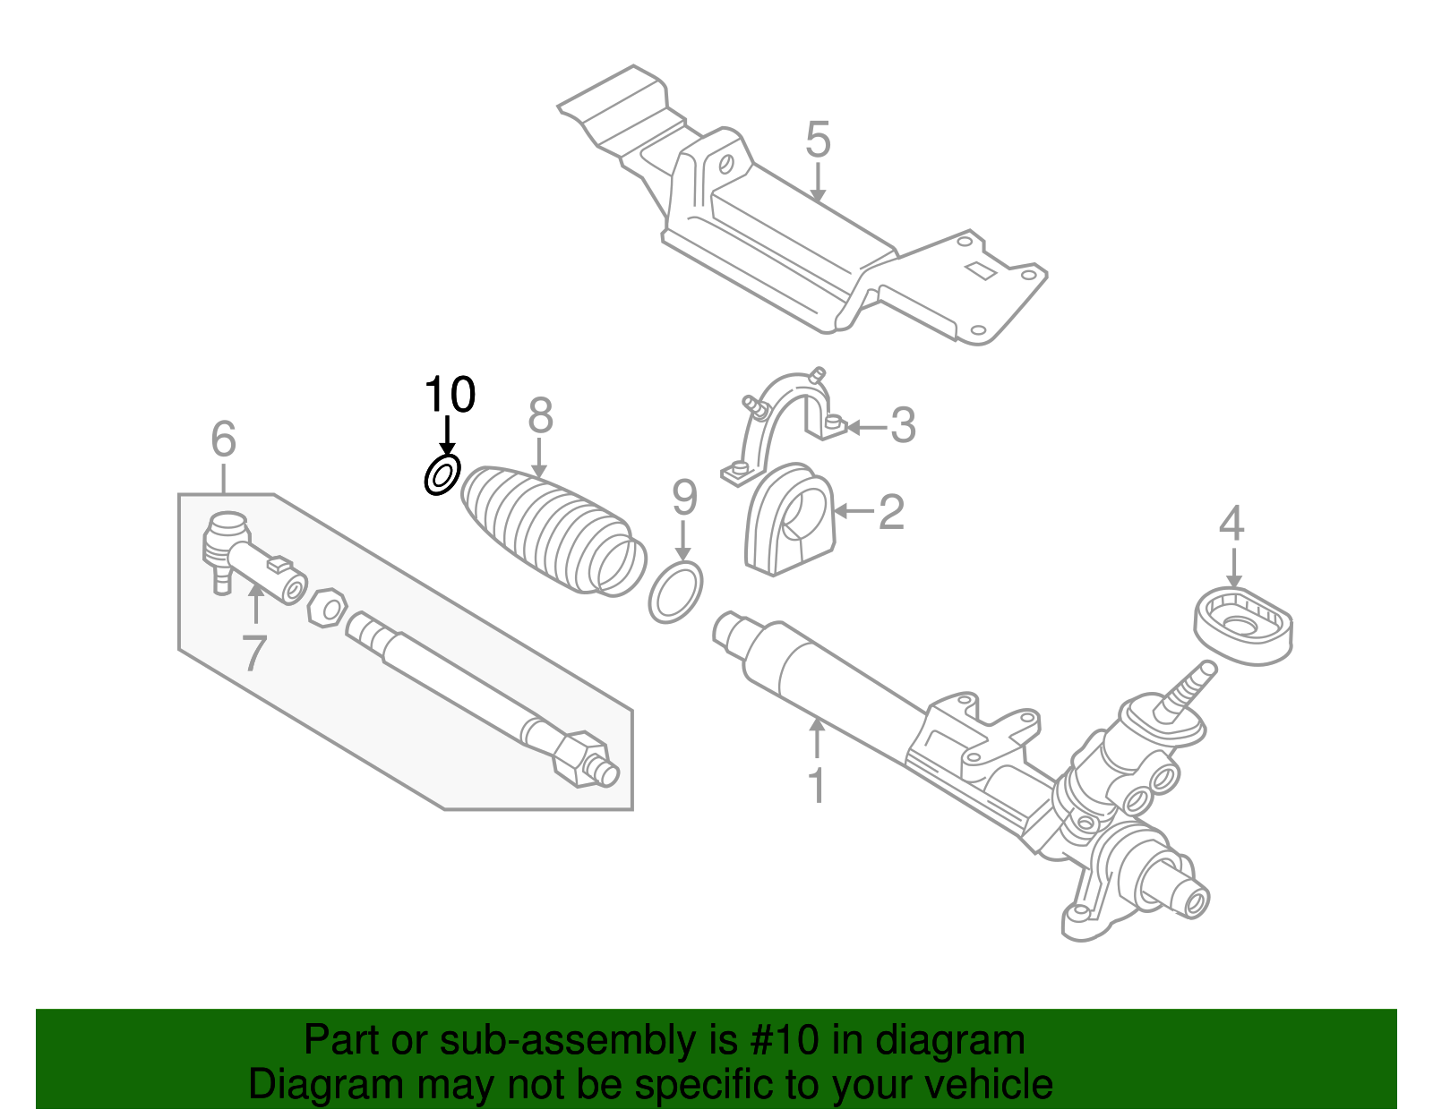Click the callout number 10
click(450, 395)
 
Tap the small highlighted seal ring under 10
click(442, 474)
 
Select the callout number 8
click(540, 416)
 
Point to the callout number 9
click(684, 498)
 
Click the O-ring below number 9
click(675, 592)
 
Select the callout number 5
click(818, 141)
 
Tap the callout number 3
click(903, 425)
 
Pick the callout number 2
click(891, 512)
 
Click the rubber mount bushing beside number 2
click(788, 521)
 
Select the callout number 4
click(1231, 524)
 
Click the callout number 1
click(816, 785)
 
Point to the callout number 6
click(223, 440)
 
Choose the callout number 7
click(254, 653)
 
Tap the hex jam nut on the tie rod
click(327, 609)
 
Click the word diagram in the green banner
click(949, 1041)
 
